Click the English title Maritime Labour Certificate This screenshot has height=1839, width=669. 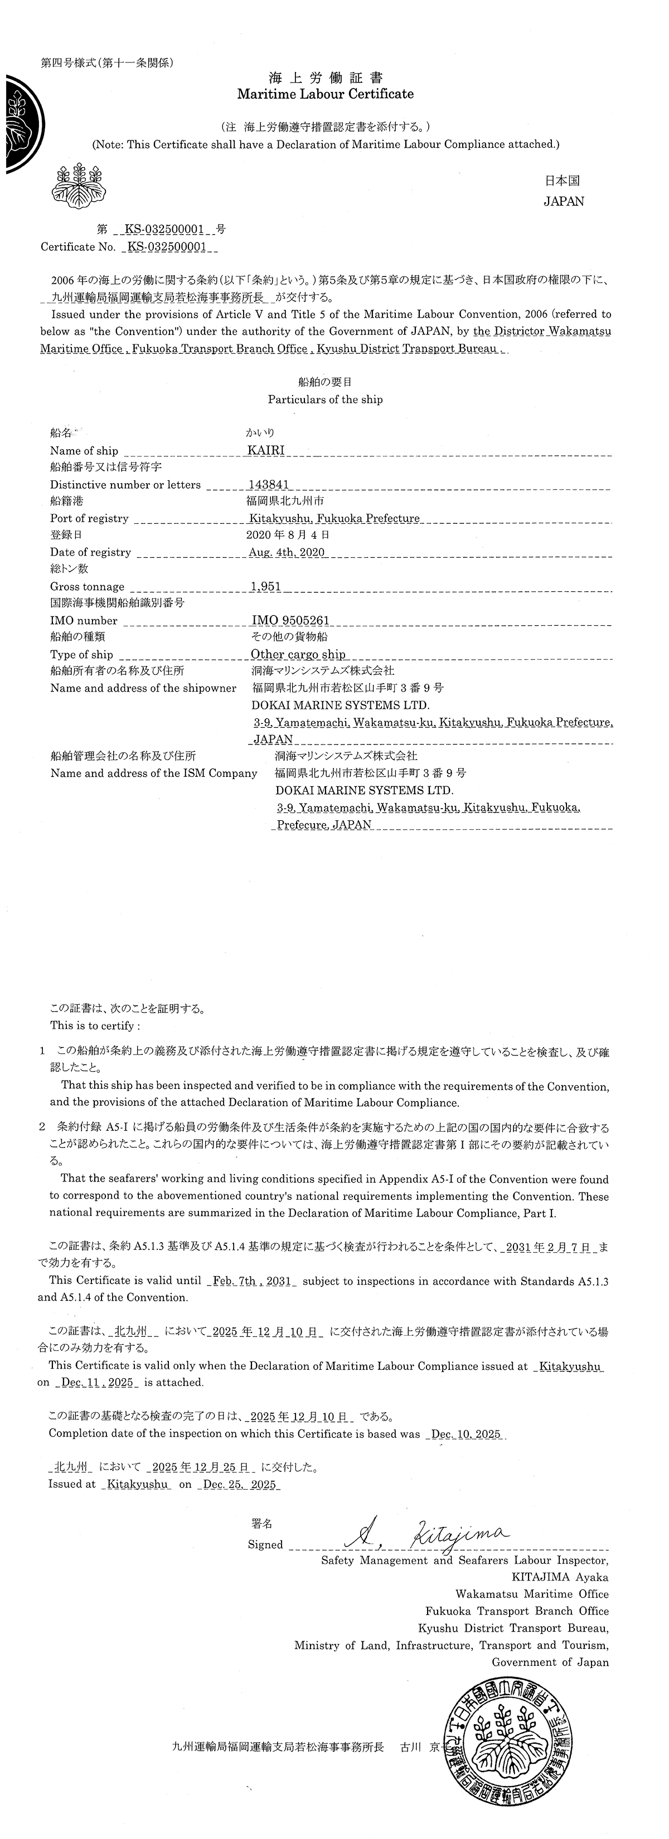(325, 94)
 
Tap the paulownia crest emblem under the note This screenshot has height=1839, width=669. (77, 187)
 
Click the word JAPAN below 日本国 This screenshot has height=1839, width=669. (563, 201)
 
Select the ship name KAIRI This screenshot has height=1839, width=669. (265, 450)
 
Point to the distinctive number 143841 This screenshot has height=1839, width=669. (269, 485)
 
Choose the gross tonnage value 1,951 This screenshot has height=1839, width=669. (265, 587)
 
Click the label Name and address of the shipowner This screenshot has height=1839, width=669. (143, 689)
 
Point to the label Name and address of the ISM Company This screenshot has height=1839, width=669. (153, 773)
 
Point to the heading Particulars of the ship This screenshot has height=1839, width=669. (325, 400)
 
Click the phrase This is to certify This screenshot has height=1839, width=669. (95, 1026)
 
